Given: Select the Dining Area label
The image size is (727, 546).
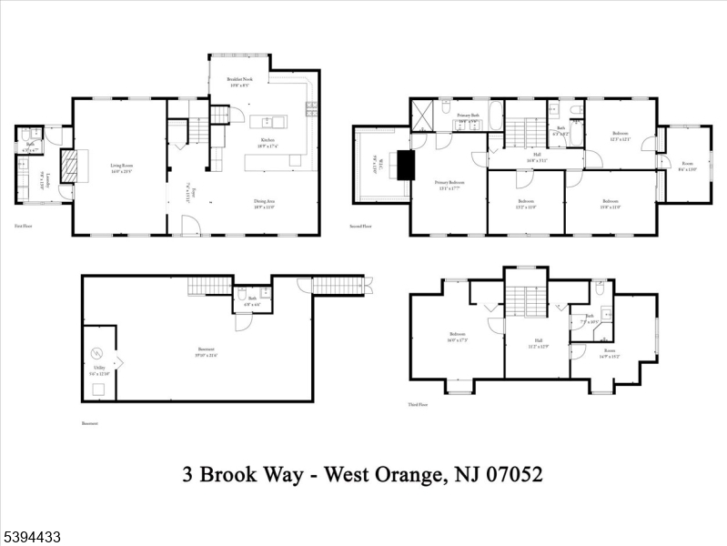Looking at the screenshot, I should pyautogui.click(x=266, y=204).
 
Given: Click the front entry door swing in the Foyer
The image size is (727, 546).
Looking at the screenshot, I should pyautogui.click(x=189, y=226).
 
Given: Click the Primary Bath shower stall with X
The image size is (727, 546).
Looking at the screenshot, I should pyautogui.click(x=423, y=116).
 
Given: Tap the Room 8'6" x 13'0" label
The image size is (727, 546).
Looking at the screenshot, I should pyautogui.click(x=687, y=167).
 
